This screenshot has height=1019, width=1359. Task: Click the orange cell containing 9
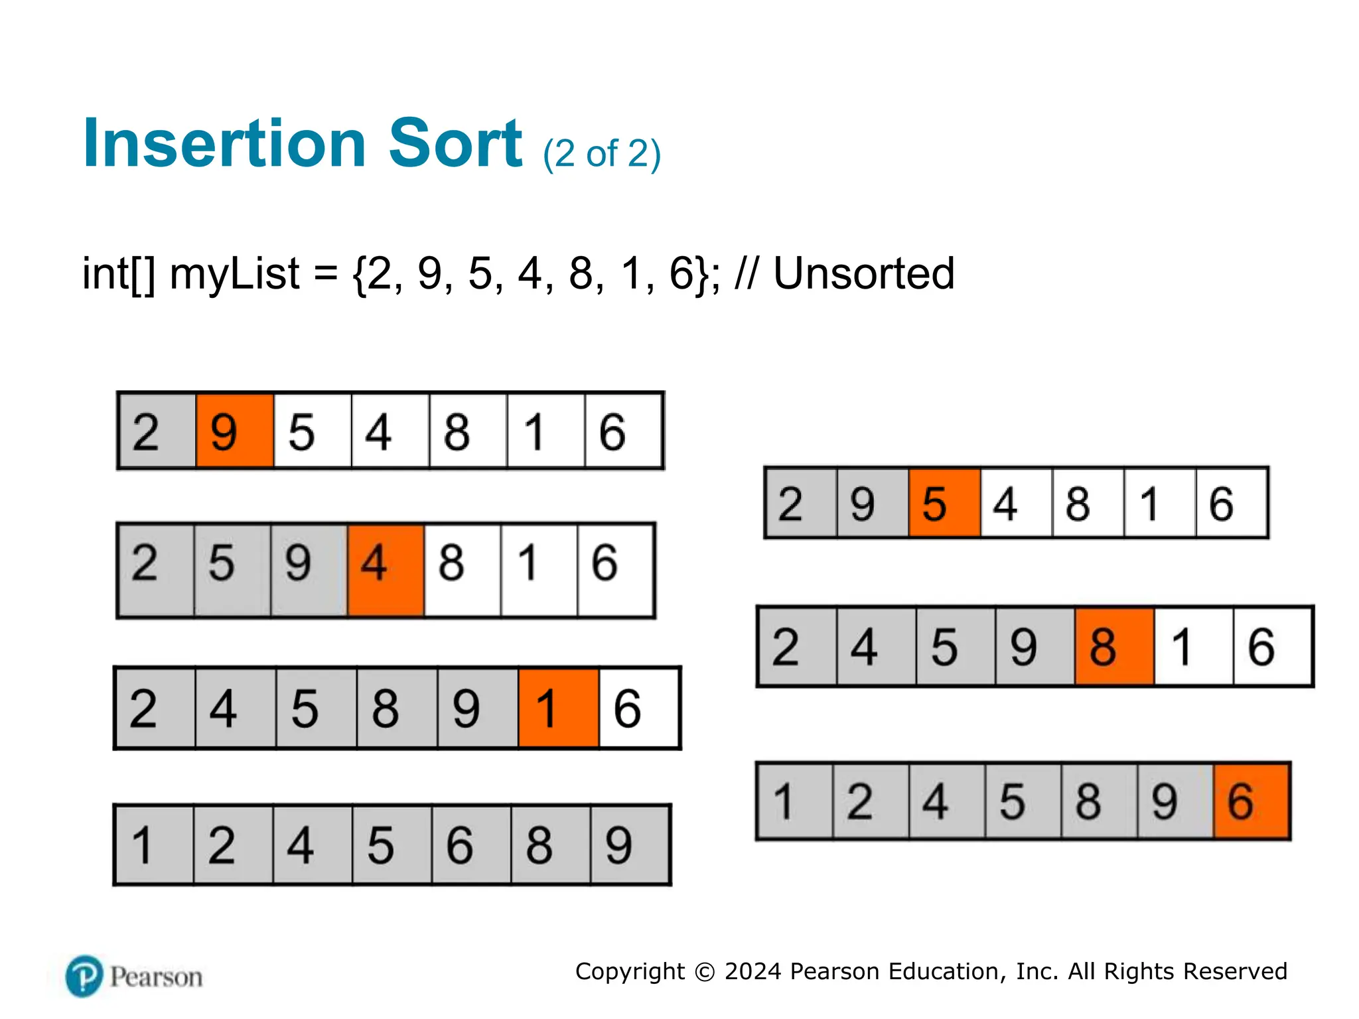click(x=234, y=431)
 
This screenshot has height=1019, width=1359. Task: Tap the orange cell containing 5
click(x=944, y=503)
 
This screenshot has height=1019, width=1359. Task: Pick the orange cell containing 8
click(x=1114, y=646)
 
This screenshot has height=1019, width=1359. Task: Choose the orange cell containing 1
click(x=558, y=709)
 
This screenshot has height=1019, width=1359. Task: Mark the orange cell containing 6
click(x=1252, y=801)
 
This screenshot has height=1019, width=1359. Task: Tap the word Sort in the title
click(x=455, y=143)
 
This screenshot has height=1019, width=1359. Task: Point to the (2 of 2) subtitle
click(x=601, y=154)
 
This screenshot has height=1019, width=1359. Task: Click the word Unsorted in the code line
click(x=863, y=273)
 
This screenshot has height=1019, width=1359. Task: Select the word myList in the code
click(x=234, y=273)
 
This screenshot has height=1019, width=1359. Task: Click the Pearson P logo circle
click(x=84, y=976)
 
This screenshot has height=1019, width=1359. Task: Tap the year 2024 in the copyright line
click(x=752, y=971)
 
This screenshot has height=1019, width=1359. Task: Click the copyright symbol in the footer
click(x=704, y=972)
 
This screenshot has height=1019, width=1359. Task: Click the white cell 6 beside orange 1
click(x=639, y=709)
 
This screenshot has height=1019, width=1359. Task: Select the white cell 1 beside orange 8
click(x=1193, y=646)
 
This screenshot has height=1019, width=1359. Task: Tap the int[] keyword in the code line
click(x=119, y=273)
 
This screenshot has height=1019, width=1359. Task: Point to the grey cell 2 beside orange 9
click(x=157, y=431)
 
